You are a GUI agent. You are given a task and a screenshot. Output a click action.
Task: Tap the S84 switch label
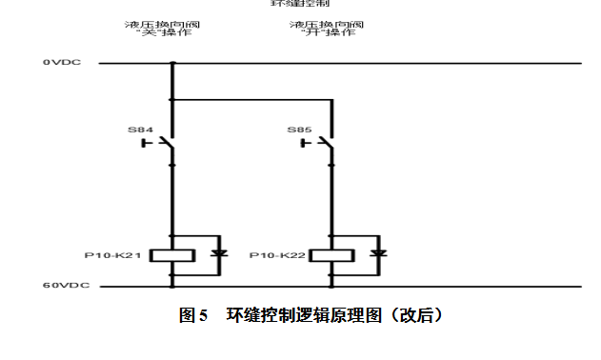pos(140,129)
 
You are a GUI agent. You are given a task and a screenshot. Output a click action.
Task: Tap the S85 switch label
pos(299,129)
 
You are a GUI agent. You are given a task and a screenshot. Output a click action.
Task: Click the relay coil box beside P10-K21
pos(172,255)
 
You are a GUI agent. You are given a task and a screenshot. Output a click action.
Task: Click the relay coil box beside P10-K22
pos(332,255)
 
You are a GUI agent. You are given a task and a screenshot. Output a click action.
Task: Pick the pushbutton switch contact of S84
pos(162,144)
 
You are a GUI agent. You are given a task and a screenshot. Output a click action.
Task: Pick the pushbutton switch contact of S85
pos(321,144)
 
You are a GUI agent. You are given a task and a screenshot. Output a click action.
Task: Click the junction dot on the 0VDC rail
pos(172,64)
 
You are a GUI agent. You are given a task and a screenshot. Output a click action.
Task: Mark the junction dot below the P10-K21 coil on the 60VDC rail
pos(172,285)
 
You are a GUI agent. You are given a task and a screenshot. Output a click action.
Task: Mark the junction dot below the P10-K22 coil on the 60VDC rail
pos(332,285)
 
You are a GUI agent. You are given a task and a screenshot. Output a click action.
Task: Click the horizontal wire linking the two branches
pos(252,98)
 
